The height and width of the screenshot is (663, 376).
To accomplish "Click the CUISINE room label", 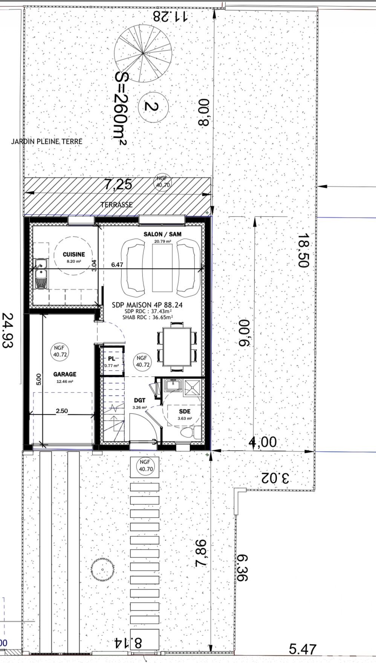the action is click(x=74, y=255).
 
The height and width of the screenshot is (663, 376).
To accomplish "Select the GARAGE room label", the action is click(x=65, y=374).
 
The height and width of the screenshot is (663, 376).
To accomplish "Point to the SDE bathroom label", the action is click(x=185, y=412).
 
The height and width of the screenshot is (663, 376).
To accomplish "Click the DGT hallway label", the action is click(x=139, y=400).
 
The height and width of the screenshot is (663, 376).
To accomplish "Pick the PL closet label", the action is click(x=112, y=359).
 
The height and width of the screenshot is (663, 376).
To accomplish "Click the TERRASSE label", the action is click(x=116, y=205).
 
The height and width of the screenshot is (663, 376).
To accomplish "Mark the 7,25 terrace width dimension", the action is click(x=118, y=185).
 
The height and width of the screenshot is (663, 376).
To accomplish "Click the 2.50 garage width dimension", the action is click(x=62, y=411).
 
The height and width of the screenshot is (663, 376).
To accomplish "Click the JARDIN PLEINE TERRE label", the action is click(x=47, y=142).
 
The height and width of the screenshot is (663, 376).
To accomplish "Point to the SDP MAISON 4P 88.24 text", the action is click(x=147, y=305).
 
